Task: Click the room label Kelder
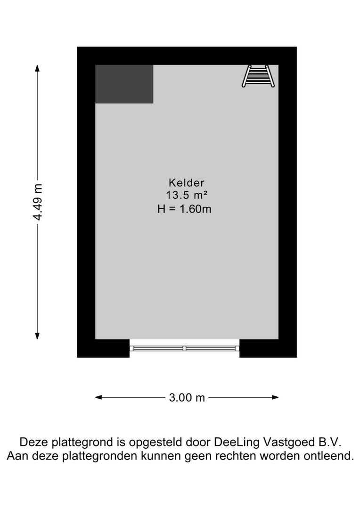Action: [x=186, y=182]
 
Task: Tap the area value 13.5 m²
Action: [x=187, y=195]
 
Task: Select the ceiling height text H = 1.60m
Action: [x=184, y=209]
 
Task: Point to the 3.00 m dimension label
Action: [x=187, y=398]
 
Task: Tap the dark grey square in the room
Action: [x=124, y=84]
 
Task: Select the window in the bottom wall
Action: [x=184, y=348]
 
